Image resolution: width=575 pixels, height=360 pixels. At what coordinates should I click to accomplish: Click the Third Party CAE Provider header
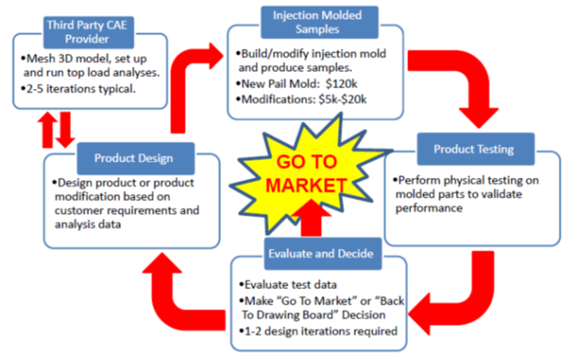pyautogui.click(x=88, y=32)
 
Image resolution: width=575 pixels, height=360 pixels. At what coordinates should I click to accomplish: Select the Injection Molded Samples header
pyautogui.click(x=319, y=22)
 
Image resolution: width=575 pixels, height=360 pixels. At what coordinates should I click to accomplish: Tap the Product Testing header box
pyautogui.click(x=476, y=149)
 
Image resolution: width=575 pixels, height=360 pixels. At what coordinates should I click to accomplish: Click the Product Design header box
pyautogui.click(x=136, y=158)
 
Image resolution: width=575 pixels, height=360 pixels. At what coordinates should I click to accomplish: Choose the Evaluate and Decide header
pyautogui.click(x=323, y=254)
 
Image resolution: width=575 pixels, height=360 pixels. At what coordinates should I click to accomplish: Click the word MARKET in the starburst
pyautogui.click(x=305, y=186)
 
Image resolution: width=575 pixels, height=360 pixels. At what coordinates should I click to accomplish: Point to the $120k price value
pyautogui.click(x=341, y=84)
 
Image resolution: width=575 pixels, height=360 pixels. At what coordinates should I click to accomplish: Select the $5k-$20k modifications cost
pyautogui.click(x=343, y=99)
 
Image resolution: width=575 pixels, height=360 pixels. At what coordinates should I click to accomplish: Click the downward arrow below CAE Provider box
pyautogui.click(x=65, y=130)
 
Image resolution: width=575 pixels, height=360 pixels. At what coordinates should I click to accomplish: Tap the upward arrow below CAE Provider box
pyautogui.click(x=47, y=130)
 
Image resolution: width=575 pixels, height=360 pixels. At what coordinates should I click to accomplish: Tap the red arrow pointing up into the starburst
pyautogui.click(x=311, y=219)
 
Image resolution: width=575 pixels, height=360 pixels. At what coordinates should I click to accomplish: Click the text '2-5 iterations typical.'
pyautogui.click(x=80, y=89)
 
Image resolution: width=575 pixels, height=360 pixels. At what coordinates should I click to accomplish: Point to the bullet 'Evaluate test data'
pyautogui.click(x=287, y=285)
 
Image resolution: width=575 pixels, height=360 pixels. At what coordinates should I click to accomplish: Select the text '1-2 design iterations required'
pyautogui.click(x=318, y=332)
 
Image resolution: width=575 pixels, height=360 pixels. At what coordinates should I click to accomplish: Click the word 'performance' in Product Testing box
pyautogui.click(x=429, y=209)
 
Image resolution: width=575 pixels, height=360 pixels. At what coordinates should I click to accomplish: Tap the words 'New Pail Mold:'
pyautogui.click(x=282, y=84)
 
